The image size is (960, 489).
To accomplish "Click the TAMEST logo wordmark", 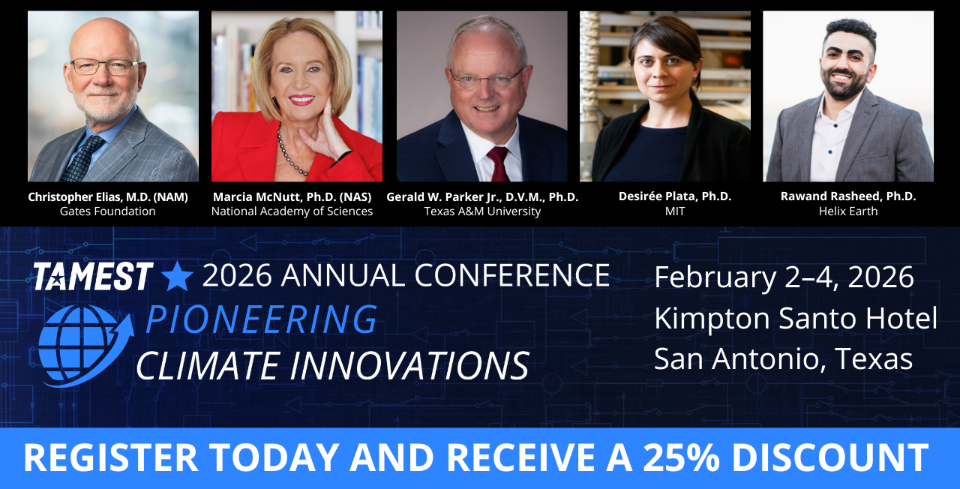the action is (93, 276).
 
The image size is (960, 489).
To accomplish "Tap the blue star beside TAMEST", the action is (176, 276).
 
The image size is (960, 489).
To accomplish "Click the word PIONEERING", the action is (261, 319).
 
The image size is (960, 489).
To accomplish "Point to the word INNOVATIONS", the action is (409, 365).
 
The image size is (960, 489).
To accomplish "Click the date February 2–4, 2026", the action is (784, 278).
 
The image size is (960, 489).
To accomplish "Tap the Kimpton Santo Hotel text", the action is (796, 319).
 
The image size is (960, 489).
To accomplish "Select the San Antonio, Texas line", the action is (784, 358).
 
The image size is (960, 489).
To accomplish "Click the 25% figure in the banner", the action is (681, 457).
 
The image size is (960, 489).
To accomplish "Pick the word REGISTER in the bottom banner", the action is (110, 457).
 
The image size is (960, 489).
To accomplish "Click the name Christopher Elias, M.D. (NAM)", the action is (108, 196).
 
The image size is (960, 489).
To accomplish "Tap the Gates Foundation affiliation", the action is (107, 211).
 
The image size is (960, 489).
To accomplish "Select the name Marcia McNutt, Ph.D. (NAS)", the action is (292, 196).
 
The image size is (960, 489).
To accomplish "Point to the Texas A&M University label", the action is (482, 211).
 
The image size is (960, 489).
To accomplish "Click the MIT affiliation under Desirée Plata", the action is (675, 211).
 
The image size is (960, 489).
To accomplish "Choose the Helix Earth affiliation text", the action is (848, 211).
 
